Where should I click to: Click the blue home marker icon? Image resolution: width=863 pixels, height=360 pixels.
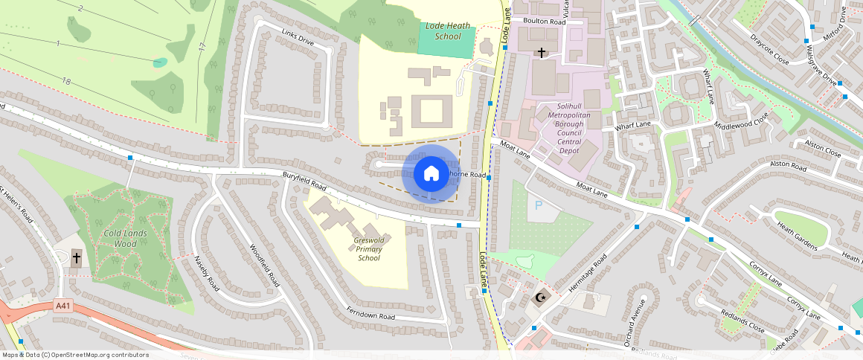[x=431, y=174]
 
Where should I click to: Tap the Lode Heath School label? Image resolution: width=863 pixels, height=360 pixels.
[x=443, y=31]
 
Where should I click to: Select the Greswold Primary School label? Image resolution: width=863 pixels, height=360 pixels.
[x=369, y=249]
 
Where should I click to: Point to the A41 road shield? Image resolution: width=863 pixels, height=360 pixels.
[x=65, y=305]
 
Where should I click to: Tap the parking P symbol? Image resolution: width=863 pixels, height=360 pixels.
[x=539, y=204]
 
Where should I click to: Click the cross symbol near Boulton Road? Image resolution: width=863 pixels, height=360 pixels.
[x=542, y=53]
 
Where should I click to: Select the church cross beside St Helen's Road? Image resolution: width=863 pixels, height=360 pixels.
[x=76, y=258]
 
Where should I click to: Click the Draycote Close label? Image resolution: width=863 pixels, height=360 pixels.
[x=769, y=48]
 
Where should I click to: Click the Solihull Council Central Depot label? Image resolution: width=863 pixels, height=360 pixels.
[x=569, y=128]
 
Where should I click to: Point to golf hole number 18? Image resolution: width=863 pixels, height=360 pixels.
[x=66, y=81]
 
